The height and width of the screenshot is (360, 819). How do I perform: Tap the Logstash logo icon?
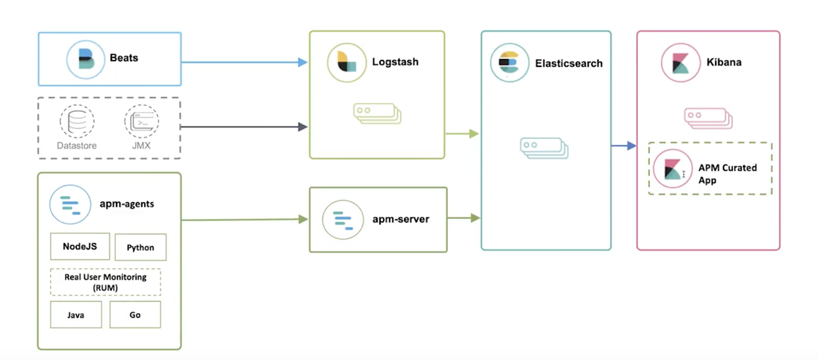coord(347,63)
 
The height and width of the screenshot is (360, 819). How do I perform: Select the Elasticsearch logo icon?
coord(509,63)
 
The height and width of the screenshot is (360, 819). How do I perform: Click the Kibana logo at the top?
coord(680,63)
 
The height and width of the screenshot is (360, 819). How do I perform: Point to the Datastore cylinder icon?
coord(76,121)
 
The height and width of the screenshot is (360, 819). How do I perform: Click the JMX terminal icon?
coord(141,121)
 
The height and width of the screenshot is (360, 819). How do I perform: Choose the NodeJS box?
coord(80,247)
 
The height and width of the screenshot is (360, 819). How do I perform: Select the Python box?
coord(140,247)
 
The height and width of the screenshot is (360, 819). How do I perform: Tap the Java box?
coord(76,315)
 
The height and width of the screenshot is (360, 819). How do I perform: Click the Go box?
coord(135,315)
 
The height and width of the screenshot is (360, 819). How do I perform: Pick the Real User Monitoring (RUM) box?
coord(105,282)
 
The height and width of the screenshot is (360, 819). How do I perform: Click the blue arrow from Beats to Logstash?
coord(244,63)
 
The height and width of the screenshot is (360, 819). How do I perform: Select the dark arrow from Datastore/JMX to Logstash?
coord(244,126)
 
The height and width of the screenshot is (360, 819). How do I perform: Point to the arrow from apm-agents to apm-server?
coord(244,220)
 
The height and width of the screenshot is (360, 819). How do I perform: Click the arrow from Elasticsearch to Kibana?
coord(624,145)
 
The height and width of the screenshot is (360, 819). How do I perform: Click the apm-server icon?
coord(343,219)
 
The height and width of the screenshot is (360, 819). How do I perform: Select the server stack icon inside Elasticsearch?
coord(543,148)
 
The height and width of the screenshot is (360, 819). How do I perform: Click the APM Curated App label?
coord(727,174)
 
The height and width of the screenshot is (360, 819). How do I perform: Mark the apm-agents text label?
coord(127,204)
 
